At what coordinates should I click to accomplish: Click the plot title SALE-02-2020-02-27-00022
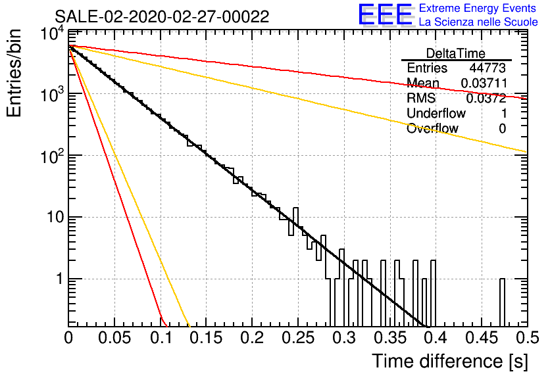[x=162, y=16]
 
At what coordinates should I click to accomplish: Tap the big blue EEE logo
[x=386, y=14]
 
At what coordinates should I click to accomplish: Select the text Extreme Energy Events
[x=478, y=8]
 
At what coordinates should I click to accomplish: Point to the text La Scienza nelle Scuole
[x=478, y=22]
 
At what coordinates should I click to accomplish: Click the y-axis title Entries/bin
[x=14, y=73]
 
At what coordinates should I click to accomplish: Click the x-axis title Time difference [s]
[x=450, y=362]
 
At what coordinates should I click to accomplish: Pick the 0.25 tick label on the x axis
[x=297, y=338]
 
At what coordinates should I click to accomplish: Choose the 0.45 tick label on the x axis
[x=482, y=338]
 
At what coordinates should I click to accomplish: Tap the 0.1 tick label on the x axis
[x=161, y=338]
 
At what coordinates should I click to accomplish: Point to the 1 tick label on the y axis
[x=59, y=279]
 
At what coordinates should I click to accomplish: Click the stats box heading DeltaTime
[x=456, y=53]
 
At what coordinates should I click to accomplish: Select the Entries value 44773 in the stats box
[x=488, y=68]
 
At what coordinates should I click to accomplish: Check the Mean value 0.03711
[x=484, y=83]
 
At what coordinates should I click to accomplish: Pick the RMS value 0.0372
[x=486, y=99]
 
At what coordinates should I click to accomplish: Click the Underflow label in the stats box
[x=436, y=113]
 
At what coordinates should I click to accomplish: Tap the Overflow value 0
[x=502, y=129]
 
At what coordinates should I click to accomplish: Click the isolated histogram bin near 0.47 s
[x=502, y=303]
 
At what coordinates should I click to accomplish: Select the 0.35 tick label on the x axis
[x=389, y=338]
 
